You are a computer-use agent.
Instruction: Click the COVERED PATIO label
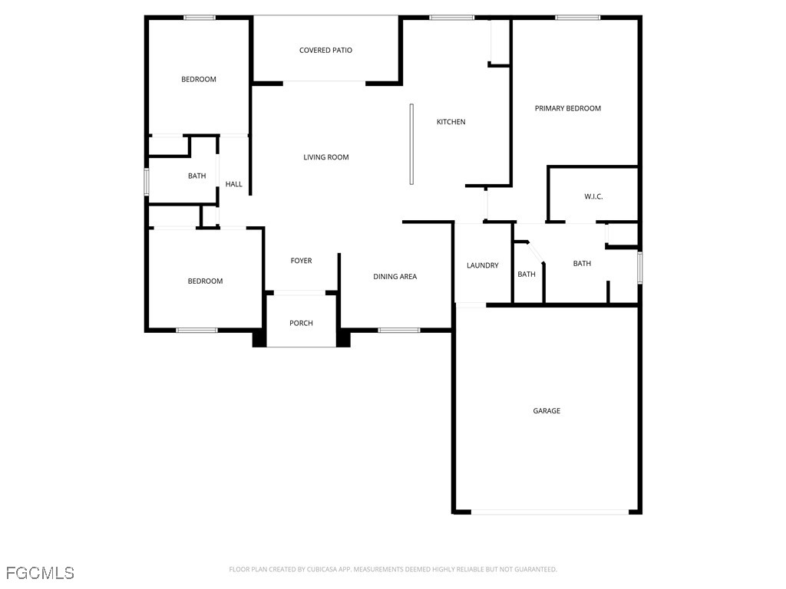coord(325,51)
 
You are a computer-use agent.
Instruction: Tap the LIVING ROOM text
coord(325,157)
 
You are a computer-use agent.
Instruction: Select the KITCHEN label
coord(451,122)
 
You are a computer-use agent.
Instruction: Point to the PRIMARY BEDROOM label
coord(567,108)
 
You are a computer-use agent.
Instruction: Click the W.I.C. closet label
coord(593,197)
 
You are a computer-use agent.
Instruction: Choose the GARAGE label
coord(547,411)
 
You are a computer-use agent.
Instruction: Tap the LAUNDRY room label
coord(482,265)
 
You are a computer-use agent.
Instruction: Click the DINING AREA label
coord(395,277)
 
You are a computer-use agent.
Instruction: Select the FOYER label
coord(301,261)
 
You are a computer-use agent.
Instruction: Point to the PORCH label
coord(301,324)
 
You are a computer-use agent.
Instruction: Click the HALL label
coord(233,184)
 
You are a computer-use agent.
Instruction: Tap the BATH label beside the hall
coord(196,176)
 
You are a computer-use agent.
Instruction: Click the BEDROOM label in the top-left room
coord(198,80)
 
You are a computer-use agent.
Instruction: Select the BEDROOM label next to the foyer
coord(205,281)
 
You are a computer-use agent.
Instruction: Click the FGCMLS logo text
coord(40,573)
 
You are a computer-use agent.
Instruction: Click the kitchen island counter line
coord(411,144)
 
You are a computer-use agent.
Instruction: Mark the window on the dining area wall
coord(398,331)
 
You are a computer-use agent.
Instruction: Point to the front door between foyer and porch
coord(300,292)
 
